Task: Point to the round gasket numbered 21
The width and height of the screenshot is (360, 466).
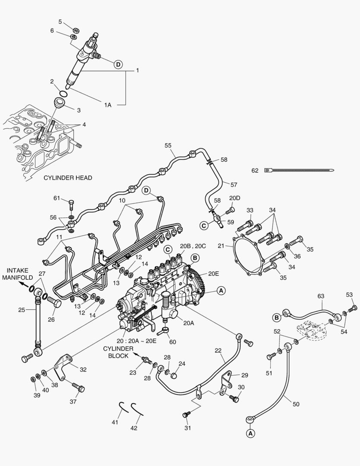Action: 247,256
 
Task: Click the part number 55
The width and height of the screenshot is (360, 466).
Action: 167,146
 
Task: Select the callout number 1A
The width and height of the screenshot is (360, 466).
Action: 107,105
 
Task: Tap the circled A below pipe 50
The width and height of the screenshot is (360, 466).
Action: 250,433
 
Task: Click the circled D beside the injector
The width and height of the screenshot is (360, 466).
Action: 118,64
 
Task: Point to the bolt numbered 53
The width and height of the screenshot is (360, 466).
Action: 353,308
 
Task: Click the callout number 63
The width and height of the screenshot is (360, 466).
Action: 320,296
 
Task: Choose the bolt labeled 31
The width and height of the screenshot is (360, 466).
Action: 186,415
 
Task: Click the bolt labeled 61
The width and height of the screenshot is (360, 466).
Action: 71,203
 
